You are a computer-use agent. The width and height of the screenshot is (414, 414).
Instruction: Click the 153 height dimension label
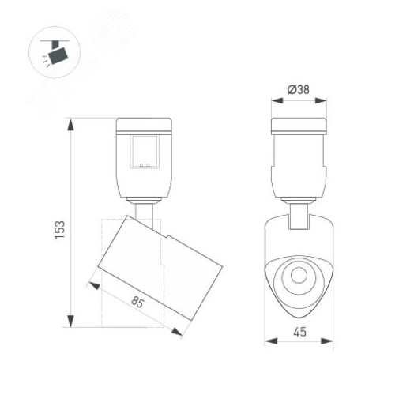pos(60,228)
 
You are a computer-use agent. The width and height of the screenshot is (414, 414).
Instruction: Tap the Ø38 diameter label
pos(298,89)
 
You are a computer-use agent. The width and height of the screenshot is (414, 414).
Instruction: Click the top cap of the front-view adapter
pos(299,126)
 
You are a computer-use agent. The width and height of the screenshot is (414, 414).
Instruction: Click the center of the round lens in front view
pos(299,276)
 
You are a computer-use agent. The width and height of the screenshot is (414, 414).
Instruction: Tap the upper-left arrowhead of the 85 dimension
pos(94,282)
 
